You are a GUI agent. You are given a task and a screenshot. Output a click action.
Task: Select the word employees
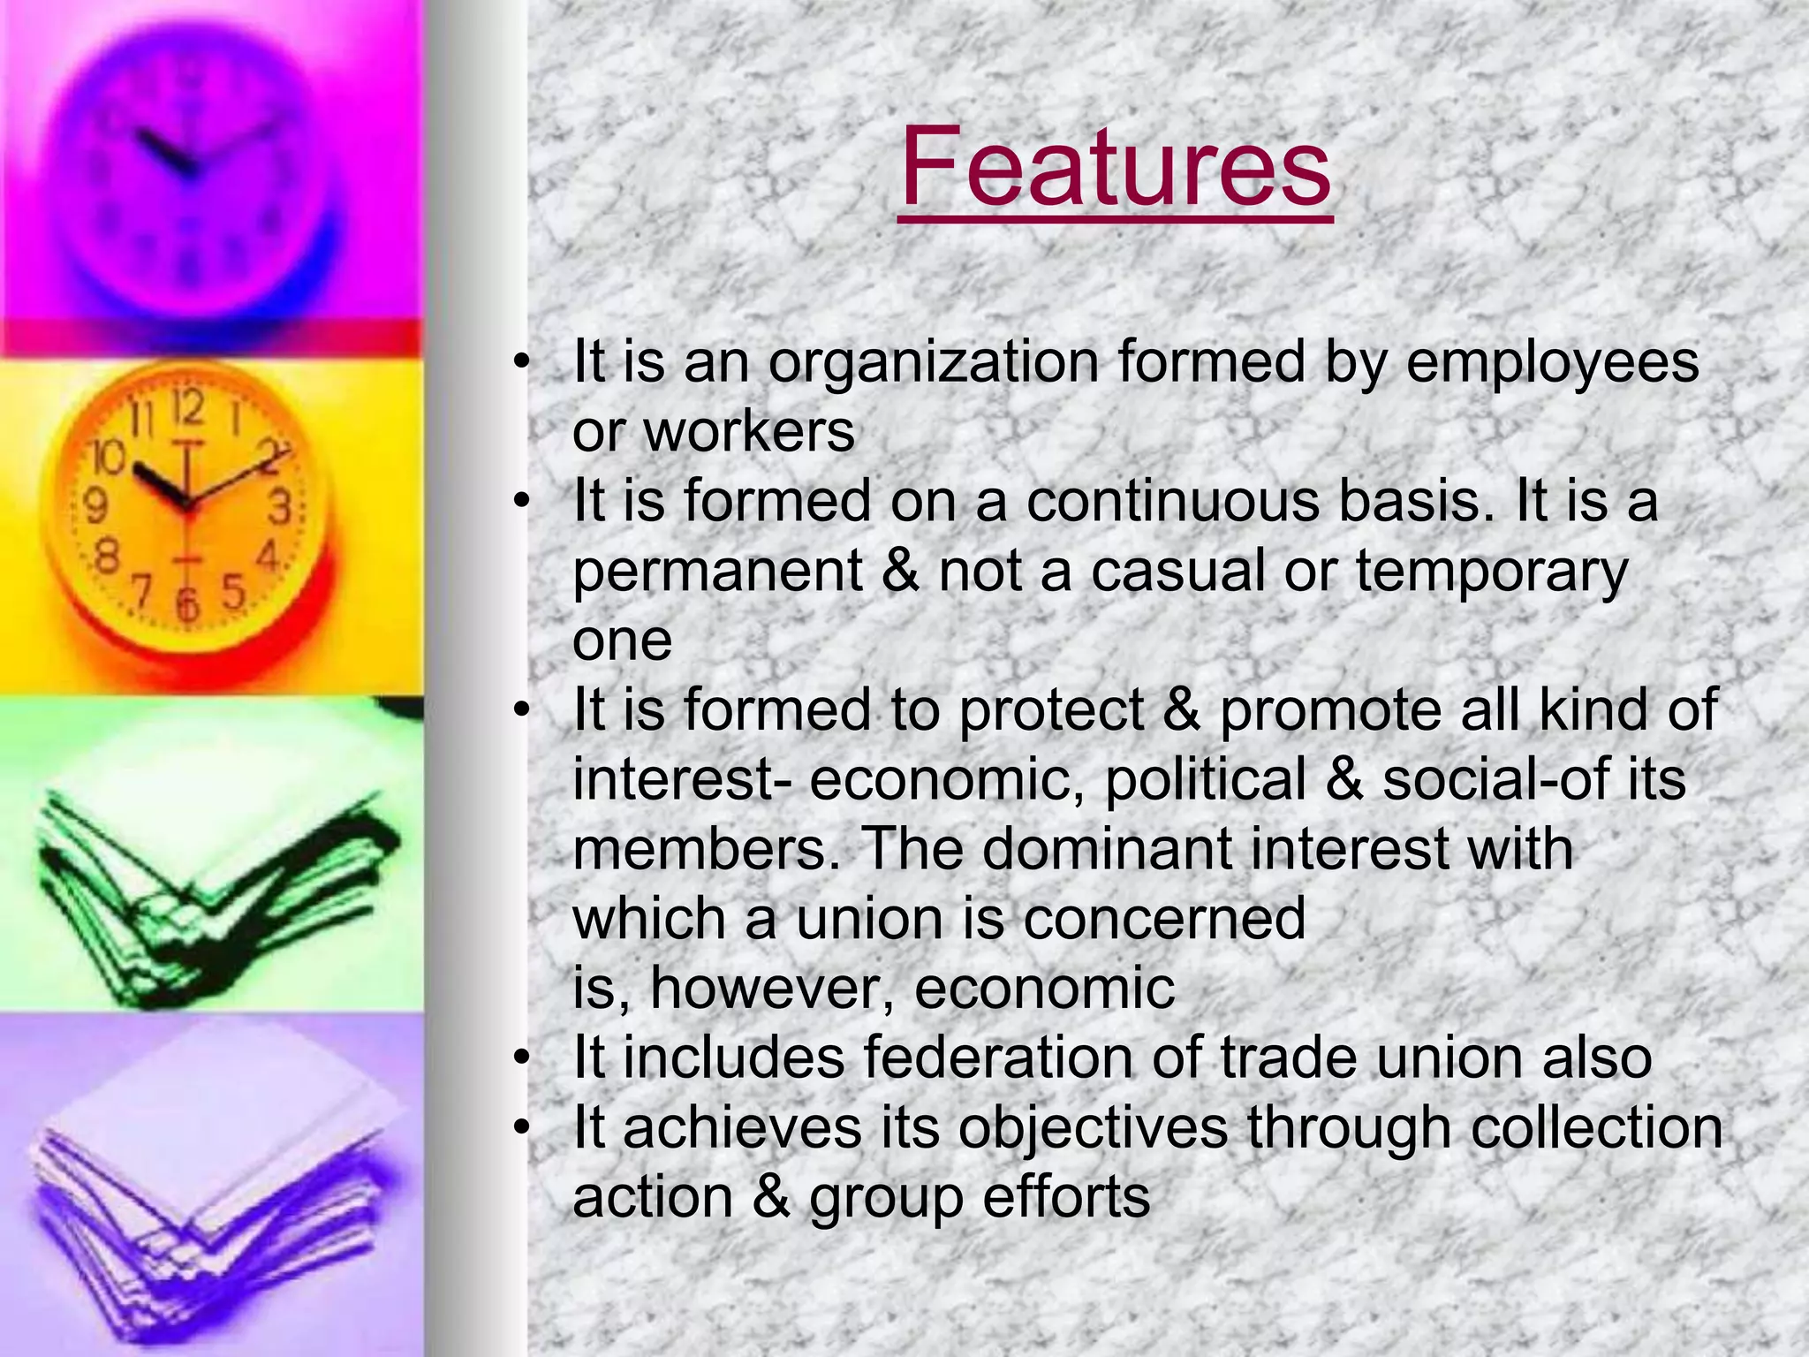[x=1552, y=362]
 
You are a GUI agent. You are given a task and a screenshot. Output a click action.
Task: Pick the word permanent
[x=717, y=571]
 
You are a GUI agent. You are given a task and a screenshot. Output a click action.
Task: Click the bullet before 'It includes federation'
[x=523, y=1058]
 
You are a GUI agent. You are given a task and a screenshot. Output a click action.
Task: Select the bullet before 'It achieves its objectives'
[x=523, y=1127]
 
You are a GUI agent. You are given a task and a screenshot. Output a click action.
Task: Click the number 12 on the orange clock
[x=187, y=408]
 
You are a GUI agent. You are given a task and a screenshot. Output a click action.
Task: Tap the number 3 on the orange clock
[x=280, y=508]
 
